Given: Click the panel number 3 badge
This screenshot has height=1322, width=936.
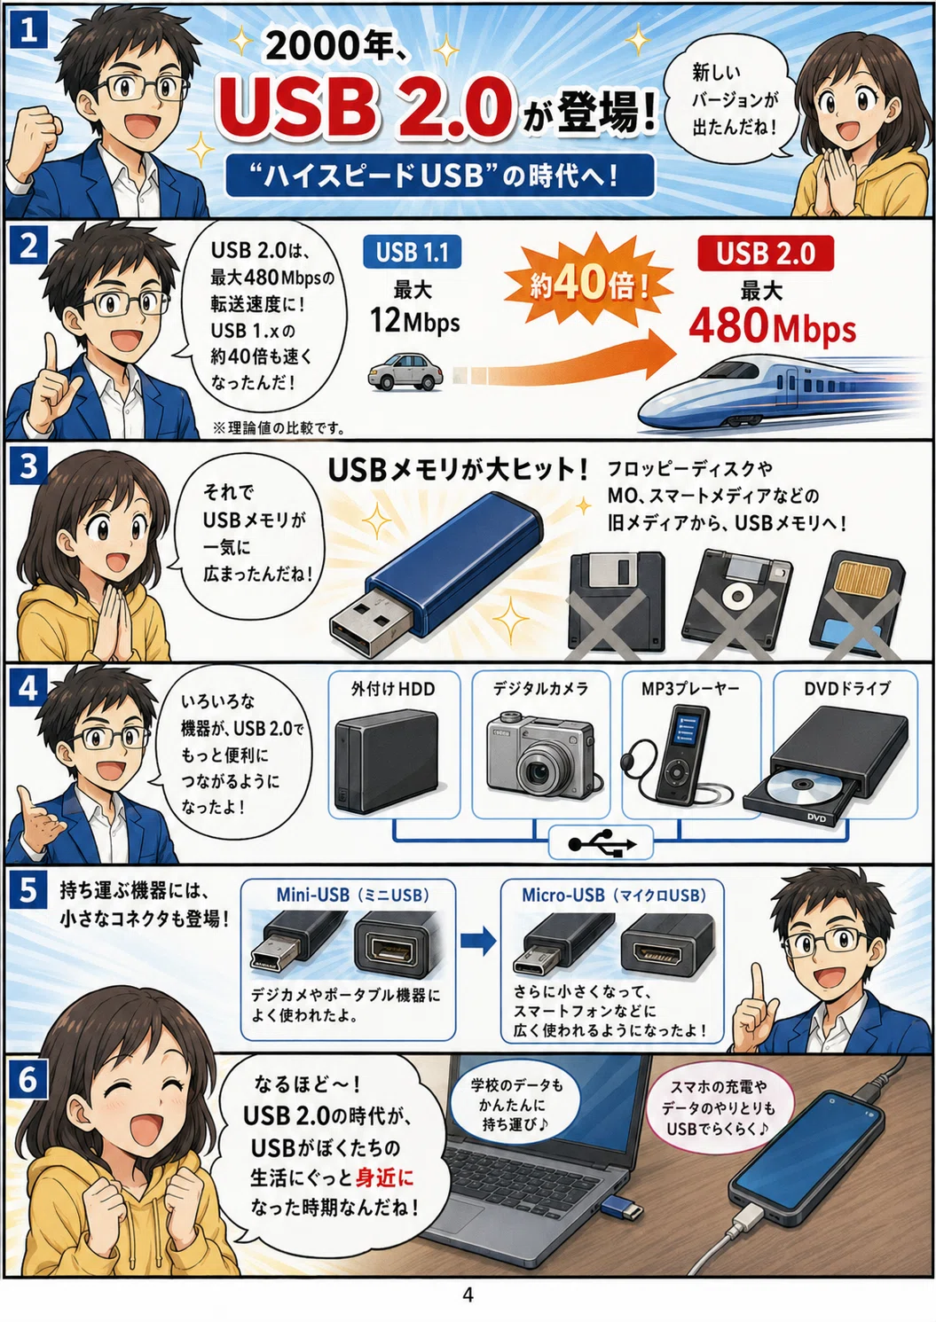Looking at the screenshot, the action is [x=28, y=466].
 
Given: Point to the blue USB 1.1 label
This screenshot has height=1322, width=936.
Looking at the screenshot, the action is [x=413, y=253].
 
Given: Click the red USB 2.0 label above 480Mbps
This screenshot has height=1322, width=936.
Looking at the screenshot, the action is [x=766, y=254].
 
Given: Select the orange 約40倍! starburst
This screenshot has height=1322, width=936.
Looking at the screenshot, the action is [x=590, y=285].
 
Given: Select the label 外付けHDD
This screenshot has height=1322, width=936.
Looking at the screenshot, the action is [x=393, y=689].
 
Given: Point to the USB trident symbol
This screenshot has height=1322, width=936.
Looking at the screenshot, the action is [x=602, y=844].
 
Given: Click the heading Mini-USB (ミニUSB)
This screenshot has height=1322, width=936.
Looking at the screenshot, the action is [x=352, y=896].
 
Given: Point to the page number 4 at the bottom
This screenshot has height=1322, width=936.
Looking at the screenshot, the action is [x=468, y=1295].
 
